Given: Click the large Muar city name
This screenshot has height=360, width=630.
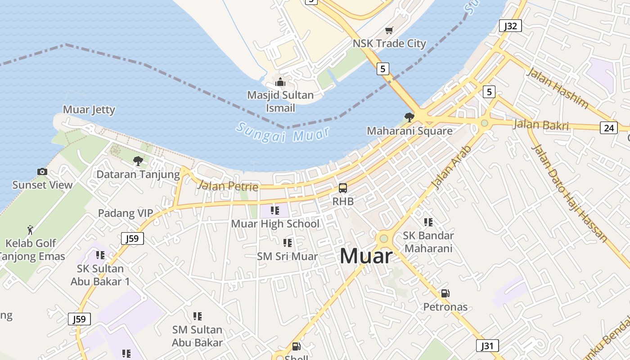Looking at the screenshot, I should [366, 256].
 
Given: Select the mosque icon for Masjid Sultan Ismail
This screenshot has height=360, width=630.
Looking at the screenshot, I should [280, 82].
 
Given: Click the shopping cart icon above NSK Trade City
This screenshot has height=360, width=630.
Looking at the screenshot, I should [389, 31].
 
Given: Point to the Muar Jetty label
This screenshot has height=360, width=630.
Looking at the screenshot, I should [89, 110].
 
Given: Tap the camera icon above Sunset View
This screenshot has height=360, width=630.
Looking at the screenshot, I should [42, 171].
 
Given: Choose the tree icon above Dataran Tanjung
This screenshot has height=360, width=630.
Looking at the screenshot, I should [138, 161].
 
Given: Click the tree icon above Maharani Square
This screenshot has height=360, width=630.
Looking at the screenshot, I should [409, 117].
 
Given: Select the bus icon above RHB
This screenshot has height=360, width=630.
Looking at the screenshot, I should [343, 188].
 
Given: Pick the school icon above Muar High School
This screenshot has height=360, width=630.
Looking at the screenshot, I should [275, 210].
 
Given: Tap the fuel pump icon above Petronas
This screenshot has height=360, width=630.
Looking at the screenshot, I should [445, 293].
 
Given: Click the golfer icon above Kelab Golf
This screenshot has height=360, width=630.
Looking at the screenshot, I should [31, 230].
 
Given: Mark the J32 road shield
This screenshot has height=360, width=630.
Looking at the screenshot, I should [510, 26].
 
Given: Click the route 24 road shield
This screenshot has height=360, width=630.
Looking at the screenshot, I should [608, 128].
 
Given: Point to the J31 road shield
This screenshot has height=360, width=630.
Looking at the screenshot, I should [487, 346].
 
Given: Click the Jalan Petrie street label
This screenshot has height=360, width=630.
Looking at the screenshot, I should [228, 185].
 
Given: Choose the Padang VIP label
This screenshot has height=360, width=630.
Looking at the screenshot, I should [126, 213].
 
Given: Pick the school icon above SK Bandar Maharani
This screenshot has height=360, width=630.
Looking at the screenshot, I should [428, 222].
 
